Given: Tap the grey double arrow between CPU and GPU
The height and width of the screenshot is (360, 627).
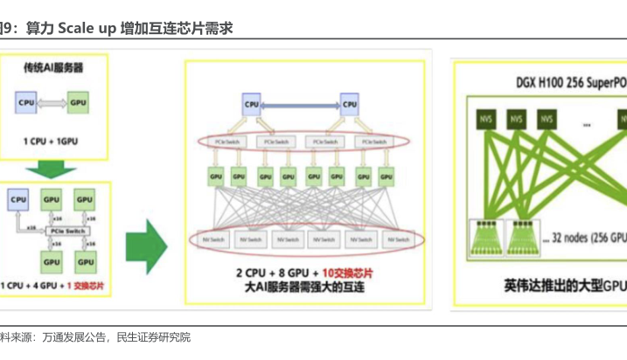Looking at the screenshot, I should click(x=52, y=102).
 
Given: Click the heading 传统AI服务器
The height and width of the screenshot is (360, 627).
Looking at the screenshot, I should click(x=53, y=66).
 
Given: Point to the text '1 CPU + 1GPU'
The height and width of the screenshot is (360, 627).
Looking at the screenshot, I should click(x=52, y=139).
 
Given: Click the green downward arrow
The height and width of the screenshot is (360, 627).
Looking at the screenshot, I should click(x=52, y=170).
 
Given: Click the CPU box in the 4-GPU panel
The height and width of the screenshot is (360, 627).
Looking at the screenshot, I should click(x=19, y=200).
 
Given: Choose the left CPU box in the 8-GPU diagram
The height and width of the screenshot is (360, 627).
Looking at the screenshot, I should click(x=252, y=106).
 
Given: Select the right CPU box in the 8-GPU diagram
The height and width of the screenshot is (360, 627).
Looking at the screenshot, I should click(x=349, y=106).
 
